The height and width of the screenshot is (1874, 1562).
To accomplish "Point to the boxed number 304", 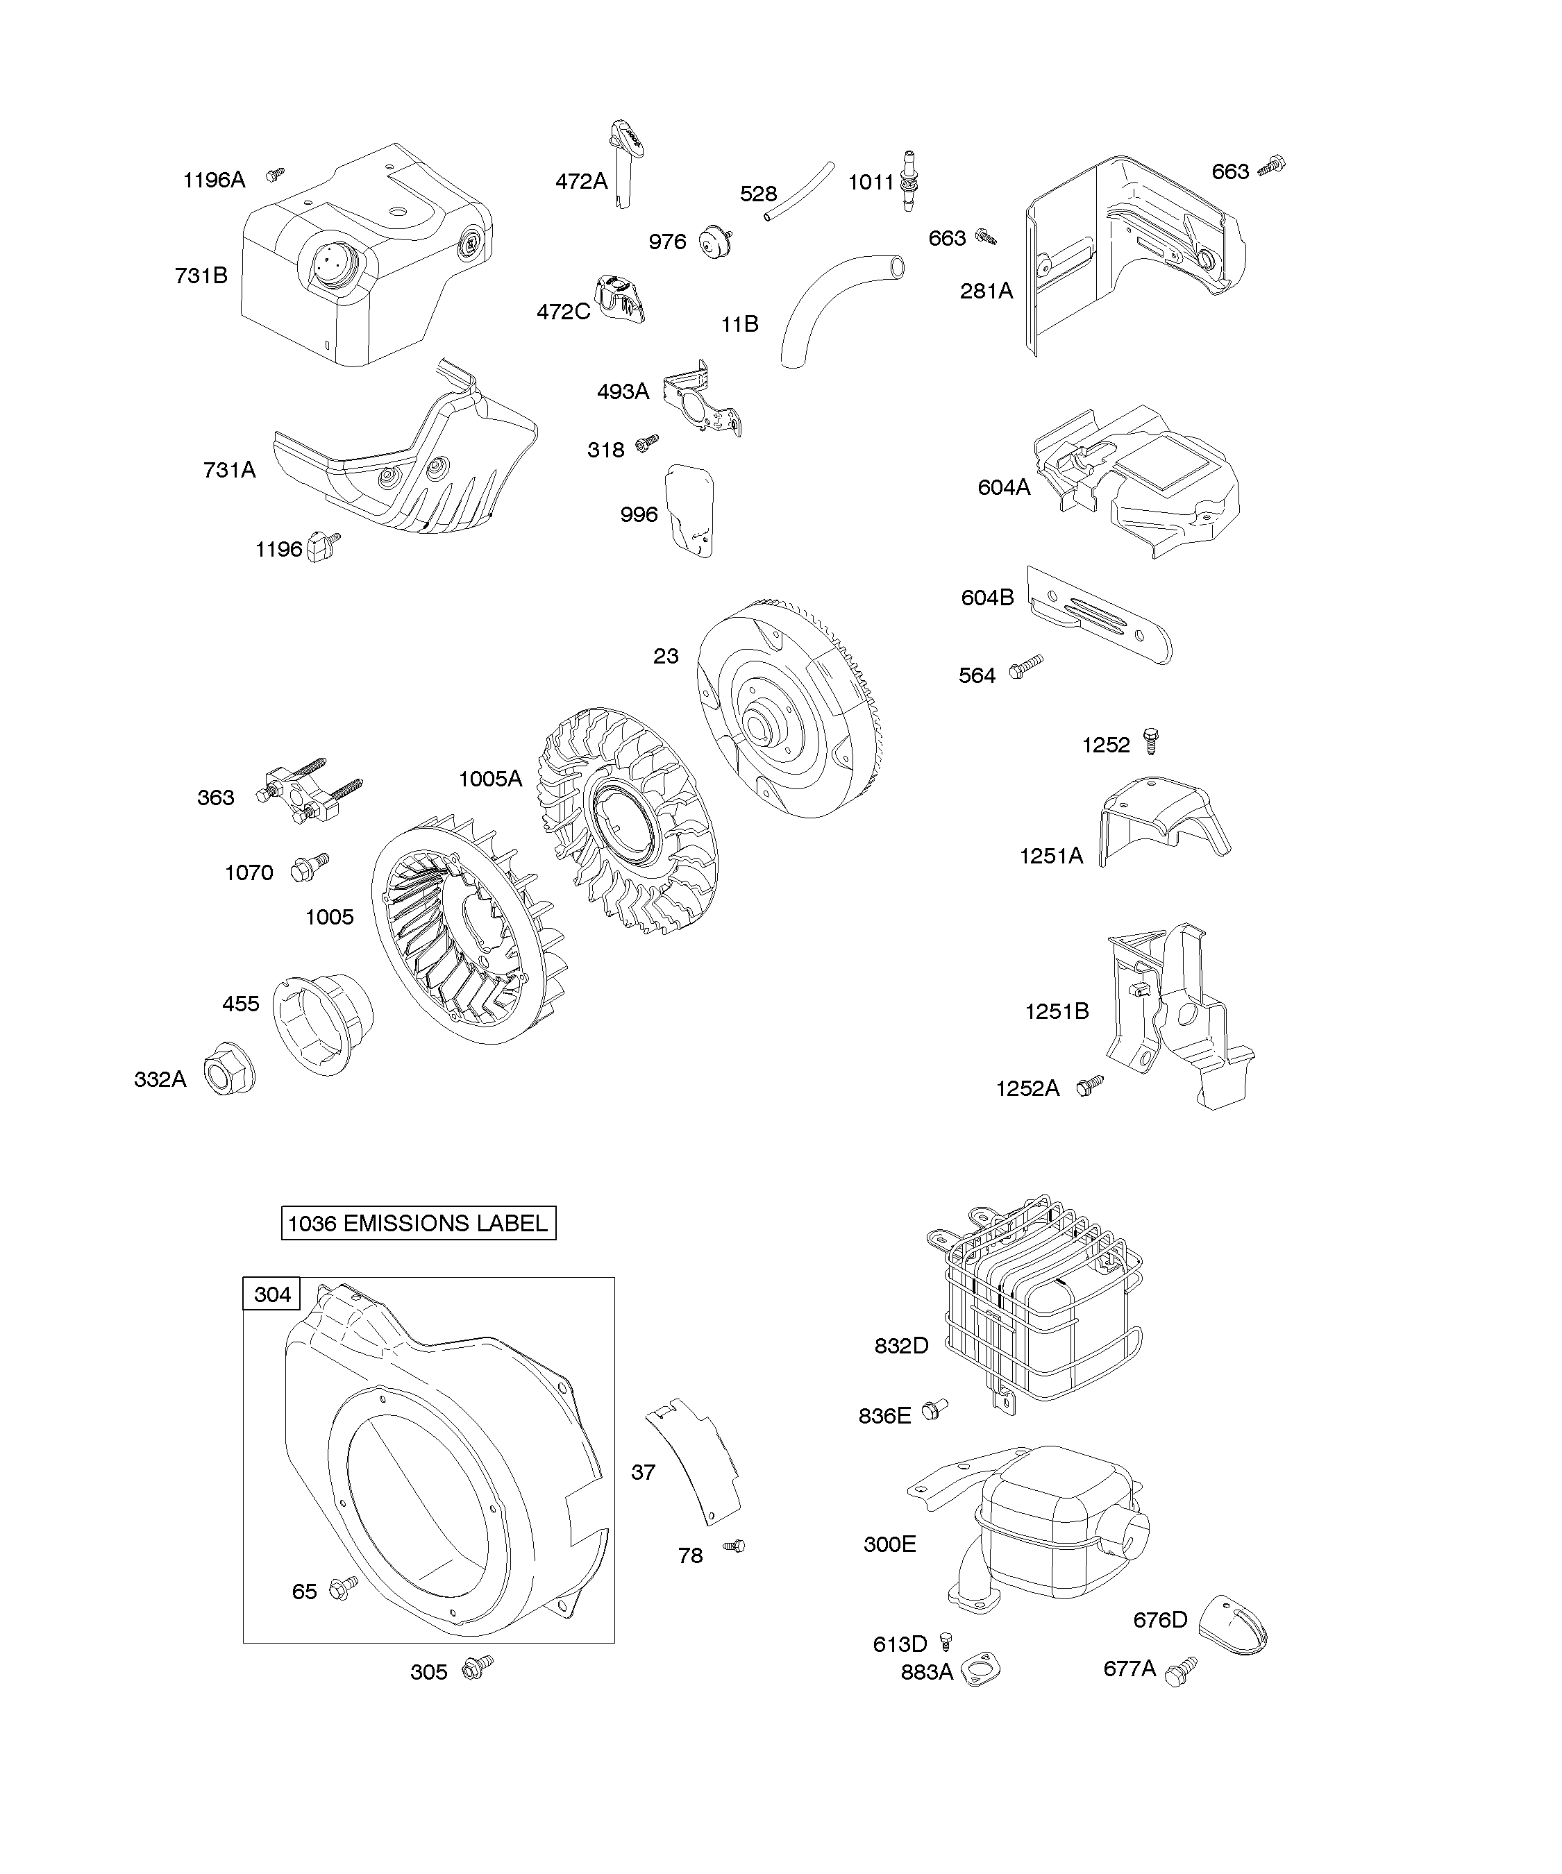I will tap(272, 1294).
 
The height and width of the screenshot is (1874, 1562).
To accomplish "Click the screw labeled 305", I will tap(478, 1666).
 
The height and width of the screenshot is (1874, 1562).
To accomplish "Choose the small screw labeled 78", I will tap(735, 1546).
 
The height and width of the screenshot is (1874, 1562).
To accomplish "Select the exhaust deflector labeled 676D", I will tap(1231, 1624).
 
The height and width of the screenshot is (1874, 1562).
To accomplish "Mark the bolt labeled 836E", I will tap(934, 1409).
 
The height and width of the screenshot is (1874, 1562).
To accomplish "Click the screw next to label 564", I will tap(1025, 666).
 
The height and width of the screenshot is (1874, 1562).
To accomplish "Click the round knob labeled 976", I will tap(716, 242).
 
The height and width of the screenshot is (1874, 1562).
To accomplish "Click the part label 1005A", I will tap(490, 779).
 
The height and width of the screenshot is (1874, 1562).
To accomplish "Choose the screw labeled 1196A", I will tap(276, 175).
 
